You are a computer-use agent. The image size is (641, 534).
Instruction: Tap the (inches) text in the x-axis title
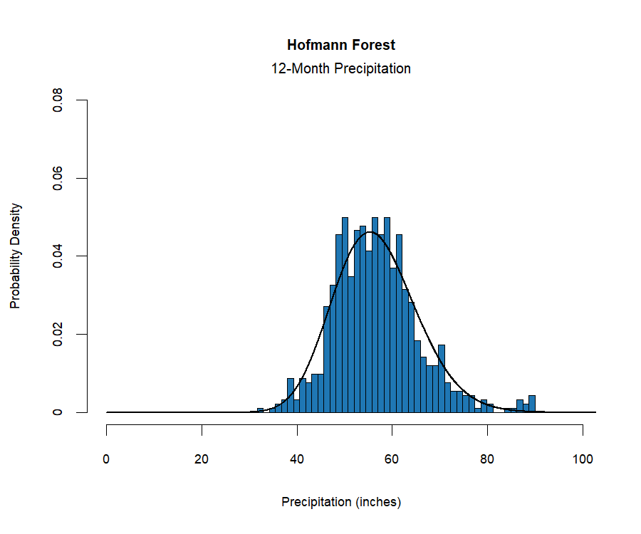point(378,502)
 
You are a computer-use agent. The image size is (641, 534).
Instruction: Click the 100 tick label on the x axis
point(583,459)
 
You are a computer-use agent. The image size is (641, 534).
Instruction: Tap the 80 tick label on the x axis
point(487,459)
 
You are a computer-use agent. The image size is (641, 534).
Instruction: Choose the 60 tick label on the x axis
point(392,459)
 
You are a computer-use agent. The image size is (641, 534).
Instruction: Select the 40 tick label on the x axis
point(297,459)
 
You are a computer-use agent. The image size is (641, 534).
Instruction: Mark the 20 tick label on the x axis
point(202,459)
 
